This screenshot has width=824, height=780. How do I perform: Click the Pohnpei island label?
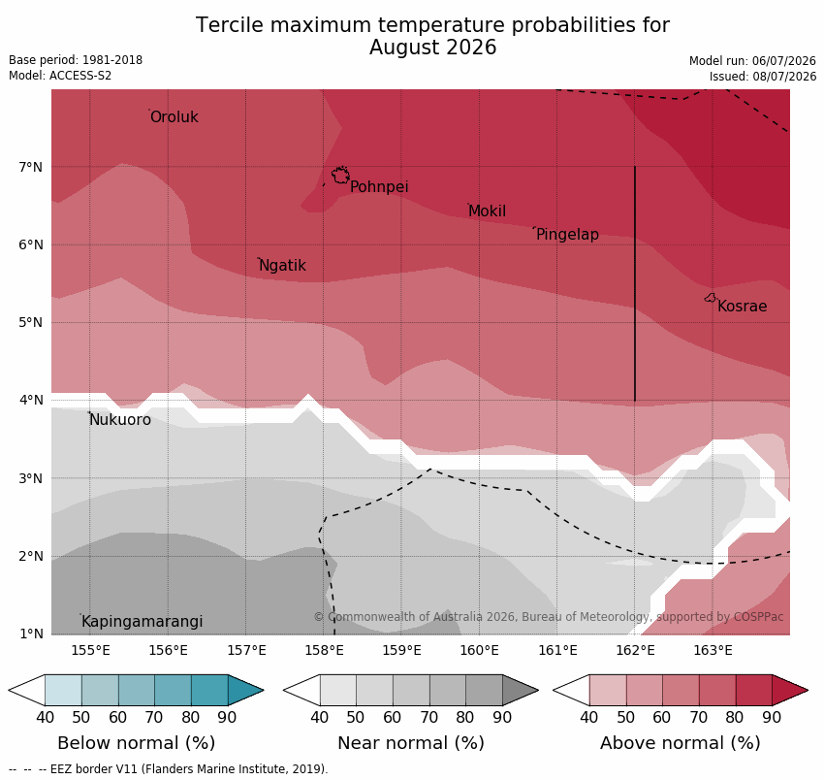click(379, 186)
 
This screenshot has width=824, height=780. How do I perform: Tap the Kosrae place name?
click(742, 307)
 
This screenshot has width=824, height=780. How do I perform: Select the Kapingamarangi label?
click(143, 622)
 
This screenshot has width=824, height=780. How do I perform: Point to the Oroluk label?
click(174, 116)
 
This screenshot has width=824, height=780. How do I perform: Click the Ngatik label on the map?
click(283, 266)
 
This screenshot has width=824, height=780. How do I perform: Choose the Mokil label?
click(488, 211)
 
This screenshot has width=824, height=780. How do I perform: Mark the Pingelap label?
click(567, 235)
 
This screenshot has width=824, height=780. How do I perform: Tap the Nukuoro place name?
click(120, 420)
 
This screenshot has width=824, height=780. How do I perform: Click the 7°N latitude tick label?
click(30, 167)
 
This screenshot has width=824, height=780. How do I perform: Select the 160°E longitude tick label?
click(479, 651)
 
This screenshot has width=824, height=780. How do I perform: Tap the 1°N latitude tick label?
click(30, 634)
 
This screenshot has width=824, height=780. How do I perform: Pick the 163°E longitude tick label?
click(713, 651)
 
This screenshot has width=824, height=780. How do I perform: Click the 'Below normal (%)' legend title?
click(136, 743)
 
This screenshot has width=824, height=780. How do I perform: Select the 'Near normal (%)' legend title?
click(411, 743)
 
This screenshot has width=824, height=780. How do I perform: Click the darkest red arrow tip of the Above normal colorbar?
click(808, 690)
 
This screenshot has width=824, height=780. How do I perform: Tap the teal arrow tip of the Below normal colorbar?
click(263, 690)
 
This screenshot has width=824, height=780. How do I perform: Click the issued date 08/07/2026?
click(784, 77)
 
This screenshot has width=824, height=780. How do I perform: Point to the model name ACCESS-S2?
click(80, 76)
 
